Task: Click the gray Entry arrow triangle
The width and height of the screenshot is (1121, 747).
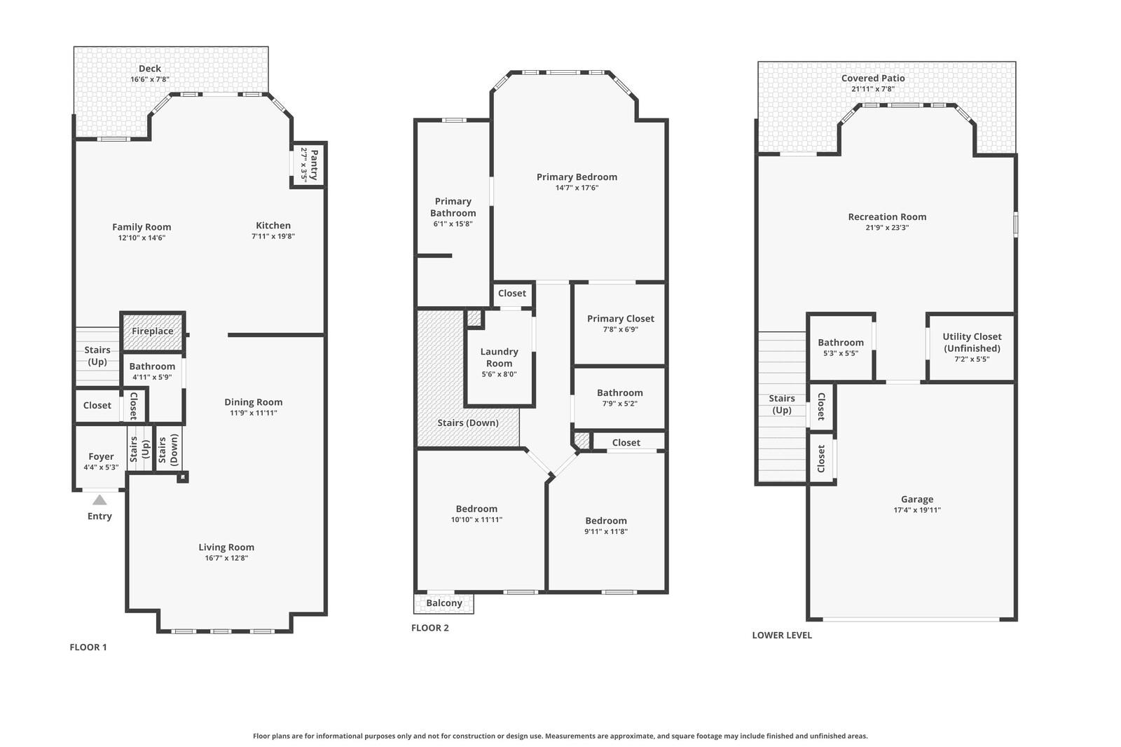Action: [99, 500]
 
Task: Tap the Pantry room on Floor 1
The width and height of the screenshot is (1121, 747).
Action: [309, 165]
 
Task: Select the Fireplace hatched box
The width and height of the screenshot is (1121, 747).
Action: [153, 331]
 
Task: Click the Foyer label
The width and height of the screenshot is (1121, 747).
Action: [101, 456]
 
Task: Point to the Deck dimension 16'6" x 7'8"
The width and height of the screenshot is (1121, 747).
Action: [150, 79]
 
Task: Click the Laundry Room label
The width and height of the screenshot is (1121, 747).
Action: [499, 357]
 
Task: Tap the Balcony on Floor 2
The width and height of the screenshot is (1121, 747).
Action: [444, 603]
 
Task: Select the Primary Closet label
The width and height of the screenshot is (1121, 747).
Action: [620, 318]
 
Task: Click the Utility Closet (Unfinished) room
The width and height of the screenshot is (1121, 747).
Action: [971, 347]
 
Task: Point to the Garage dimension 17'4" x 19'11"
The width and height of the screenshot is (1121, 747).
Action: [917, 510]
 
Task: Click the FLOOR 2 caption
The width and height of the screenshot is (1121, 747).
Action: [430, 628]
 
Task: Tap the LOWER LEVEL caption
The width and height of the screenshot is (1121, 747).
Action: [782, 635]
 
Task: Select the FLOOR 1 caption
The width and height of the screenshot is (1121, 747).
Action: [88, 647]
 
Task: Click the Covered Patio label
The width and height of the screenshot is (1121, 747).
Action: [873, 78]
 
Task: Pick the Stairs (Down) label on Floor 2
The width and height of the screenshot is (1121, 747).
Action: [468, 423]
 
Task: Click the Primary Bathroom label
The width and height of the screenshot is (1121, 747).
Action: [453, 207]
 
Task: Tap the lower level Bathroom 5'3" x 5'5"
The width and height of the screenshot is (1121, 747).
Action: [841, 348]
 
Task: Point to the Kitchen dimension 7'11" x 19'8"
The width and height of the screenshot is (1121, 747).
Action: [273, 236]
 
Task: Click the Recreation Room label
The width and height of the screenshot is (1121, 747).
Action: [887, 217]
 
